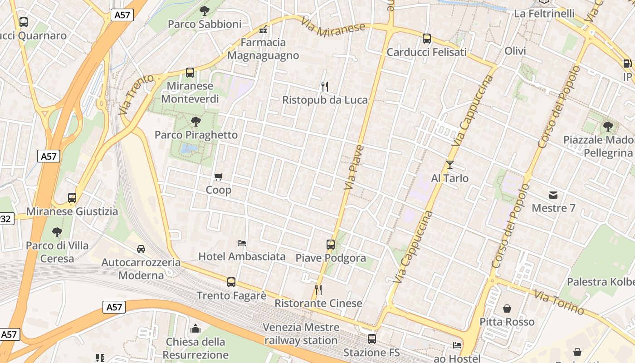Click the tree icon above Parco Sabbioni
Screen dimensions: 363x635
click(x=204, y=10)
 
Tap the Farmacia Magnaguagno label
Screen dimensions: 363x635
click(x=263, y=49)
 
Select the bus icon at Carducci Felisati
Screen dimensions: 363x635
click(x=427, y=39)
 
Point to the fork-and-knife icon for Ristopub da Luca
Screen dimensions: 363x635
click(x=324, y=86)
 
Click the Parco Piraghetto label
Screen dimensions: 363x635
click(x=196, y=135)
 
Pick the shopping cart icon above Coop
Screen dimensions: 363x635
click(x=219, y=177)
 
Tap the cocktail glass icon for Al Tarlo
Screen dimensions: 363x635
click(x=449, y=164)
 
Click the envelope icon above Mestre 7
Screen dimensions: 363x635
click(x=553, y=195)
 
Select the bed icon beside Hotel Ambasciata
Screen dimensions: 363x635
click(x=242, y=243)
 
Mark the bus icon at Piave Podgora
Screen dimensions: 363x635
click(x=331, y=244)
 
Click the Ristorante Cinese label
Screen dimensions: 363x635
click(x=318, y=303)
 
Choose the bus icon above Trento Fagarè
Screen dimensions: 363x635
click(x=231, y=282)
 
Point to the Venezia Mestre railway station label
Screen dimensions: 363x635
click(x=301, y=334)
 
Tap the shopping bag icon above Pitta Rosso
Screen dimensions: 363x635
click(x=507, y=309)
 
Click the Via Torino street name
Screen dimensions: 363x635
click(x=559, y=302)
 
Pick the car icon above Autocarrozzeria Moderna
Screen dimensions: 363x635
click(x=141, y=249)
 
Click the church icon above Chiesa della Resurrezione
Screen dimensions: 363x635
click(x=195, y=328)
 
